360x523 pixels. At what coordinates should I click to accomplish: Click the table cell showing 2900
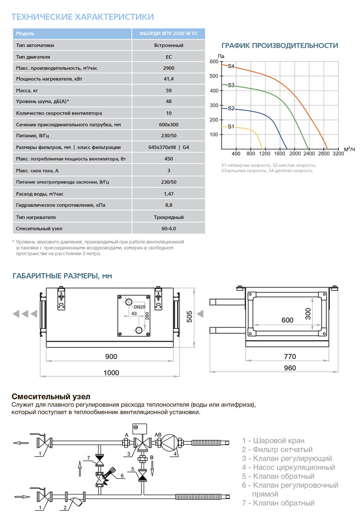click(x=169, y=68)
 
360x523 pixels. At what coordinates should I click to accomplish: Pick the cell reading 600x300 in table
click(x=169, y=124)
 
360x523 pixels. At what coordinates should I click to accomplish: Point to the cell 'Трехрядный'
click(x=169, y=217)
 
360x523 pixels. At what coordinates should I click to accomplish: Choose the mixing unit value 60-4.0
click(x=169, y=229)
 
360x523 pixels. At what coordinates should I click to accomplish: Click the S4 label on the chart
click(x=231, y=66)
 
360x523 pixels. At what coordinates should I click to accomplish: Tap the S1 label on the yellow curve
click(x=231, y=126)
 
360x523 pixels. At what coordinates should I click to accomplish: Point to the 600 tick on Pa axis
click(x=213, y=61)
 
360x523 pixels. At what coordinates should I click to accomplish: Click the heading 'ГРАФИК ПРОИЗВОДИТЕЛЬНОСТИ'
click(x=280, y=46)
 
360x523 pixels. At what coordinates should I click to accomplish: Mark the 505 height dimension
click(x=190, y=316)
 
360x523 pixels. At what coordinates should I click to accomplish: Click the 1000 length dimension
click(x=111, y=372)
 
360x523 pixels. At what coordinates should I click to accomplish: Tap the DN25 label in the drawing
click(x=140, y=307)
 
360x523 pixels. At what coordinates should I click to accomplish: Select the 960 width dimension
click(x=290, y=368)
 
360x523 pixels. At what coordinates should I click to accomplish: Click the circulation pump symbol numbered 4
click(x=169, y=442)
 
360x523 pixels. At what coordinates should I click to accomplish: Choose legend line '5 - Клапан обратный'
click(x=278, y=476)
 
